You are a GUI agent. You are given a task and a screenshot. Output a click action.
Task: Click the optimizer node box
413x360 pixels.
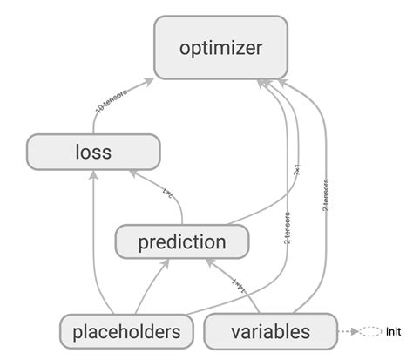click(220, 48)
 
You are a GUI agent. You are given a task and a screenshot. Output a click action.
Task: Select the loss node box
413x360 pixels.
click(93, 153)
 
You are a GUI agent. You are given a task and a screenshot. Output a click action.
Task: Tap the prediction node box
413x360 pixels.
click(182, 241)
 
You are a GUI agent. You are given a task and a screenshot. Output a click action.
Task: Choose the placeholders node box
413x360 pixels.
click(127, 331)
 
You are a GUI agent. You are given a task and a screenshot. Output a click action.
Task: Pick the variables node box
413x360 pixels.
click(270, 331)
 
